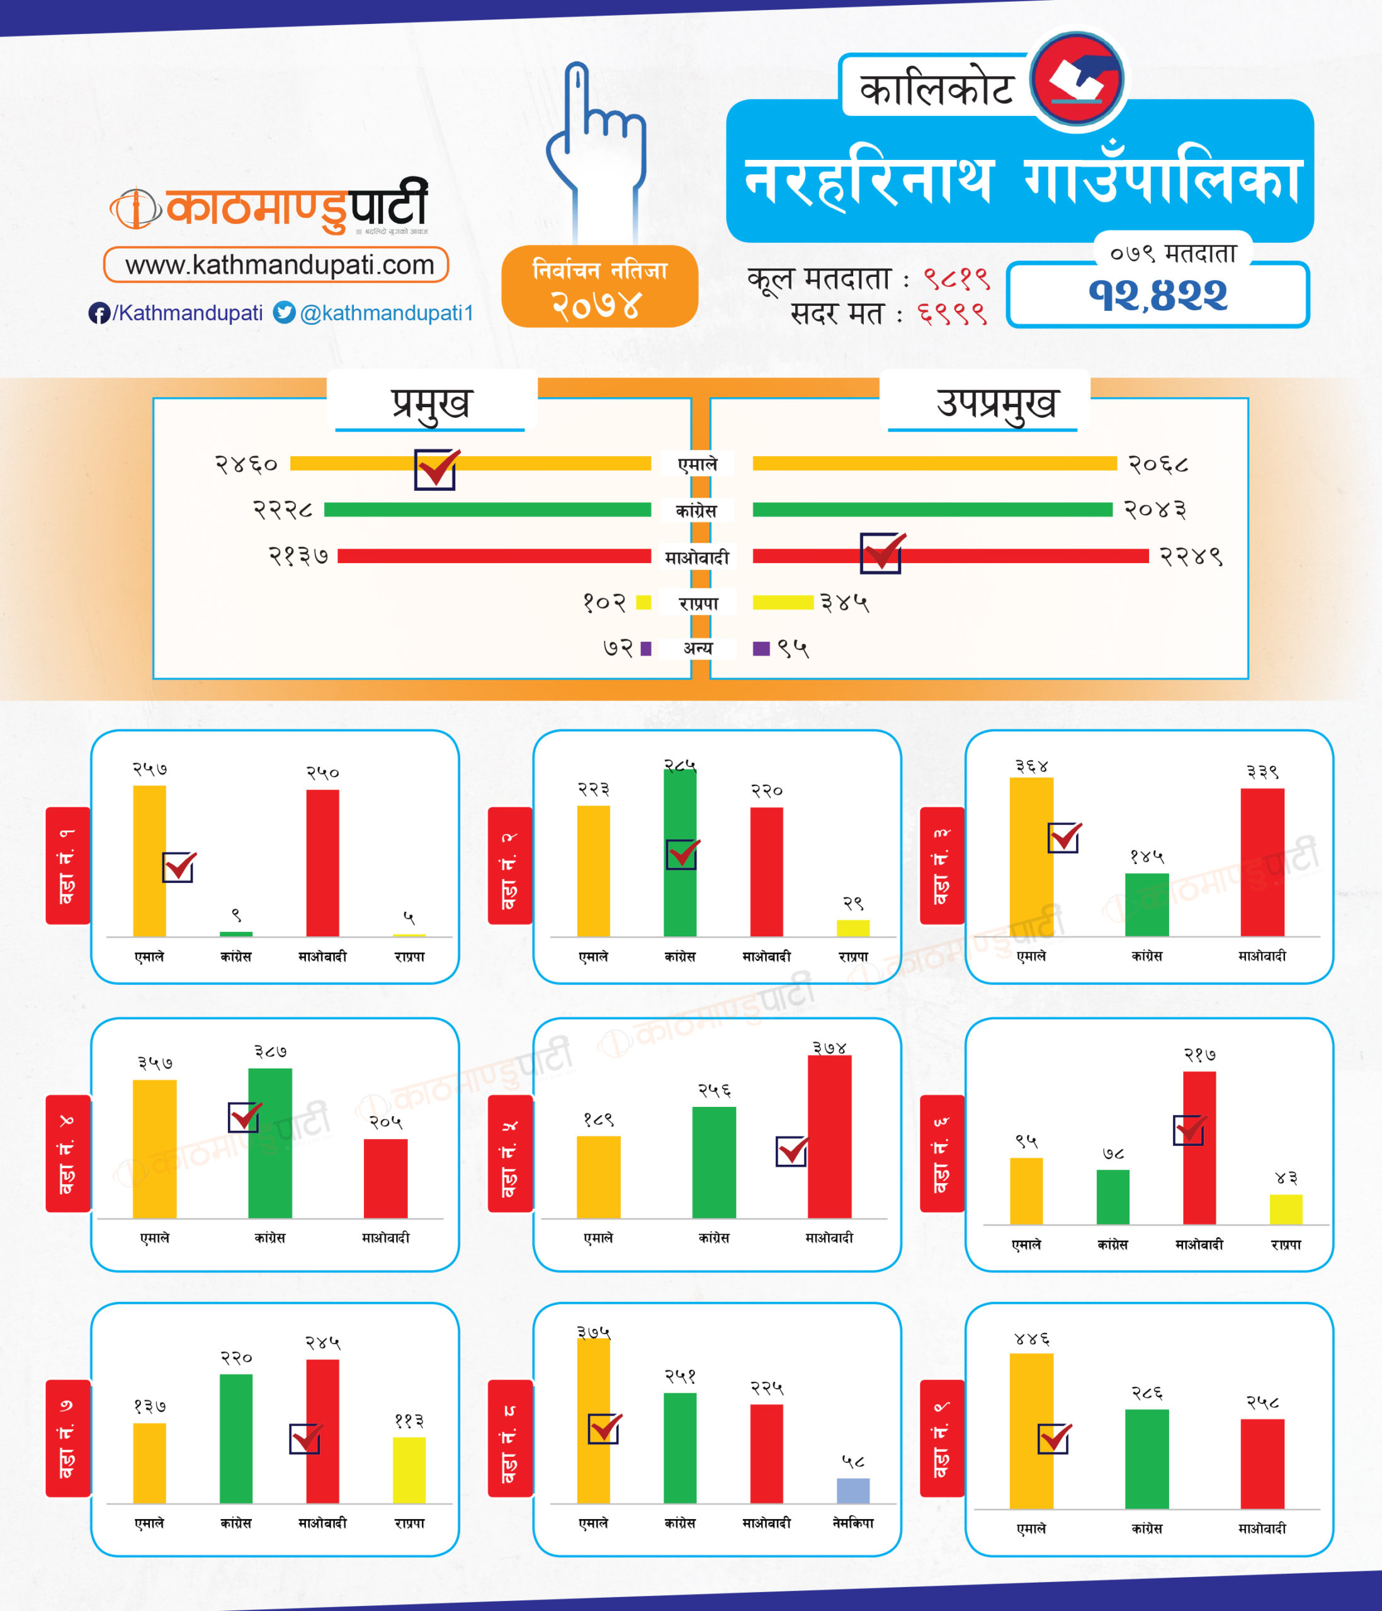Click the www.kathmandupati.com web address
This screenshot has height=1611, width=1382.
pyautogui.click(x=276, y=264)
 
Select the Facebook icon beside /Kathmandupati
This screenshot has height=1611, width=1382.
pyautogui.click(x=99, y=313)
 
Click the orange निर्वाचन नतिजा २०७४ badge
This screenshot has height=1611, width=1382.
pyautogui.click(x=599, y=286)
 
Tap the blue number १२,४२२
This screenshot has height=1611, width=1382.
pyautogui.click(x=1157, y=295)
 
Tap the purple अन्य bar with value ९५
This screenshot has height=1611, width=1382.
pyautogui.click(x=761, y=648)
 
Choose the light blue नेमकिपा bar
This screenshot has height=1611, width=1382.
pyautogui.click(x=852, y=1490)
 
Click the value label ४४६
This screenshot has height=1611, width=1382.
pyautogui.click(x=1032, y=1340)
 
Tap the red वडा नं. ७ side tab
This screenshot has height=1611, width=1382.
pyautogui.click(x=67, y=1437)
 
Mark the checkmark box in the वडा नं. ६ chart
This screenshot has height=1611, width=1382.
pyautogui.click(x=1188, y=1130)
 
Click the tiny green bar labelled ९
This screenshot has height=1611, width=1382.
pyautogui.click(x=235, y=933)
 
